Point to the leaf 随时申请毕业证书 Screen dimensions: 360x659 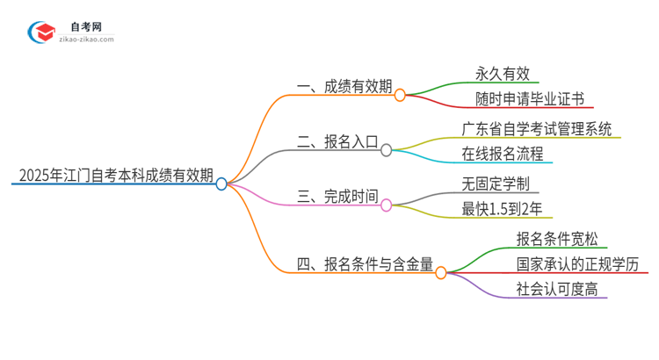pos(530,98)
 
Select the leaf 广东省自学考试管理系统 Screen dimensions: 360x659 pos(537,127)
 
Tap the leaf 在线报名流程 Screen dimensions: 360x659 pos(503,154)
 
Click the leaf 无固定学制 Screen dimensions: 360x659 pos(496,184)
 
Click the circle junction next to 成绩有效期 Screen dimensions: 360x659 pos(400,94)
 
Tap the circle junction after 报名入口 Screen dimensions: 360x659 pos(387,150)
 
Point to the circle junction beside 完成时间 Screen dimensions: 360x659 pos(387,204)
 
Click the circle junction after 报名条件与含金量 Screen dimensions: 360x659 pos(441,272)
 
